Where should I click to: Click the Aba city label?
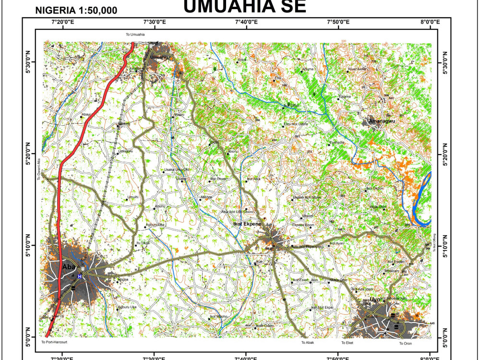(66, 267)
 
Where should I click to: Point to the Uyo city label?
(375, 300)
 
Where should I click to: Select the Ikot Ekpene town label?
(247, 224)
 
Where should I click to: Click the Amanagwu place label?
(382, 122)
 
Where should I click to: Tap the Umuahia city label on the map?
(160, 58)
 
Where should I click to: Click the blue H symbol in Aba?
(80, 276)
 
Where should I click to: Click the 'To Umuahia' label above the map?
(135, 35)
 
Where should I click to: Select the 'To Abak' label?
(307, 343)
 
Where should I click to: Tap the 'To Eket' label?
(347, 343)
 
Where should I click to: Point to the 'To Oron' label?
(406, 343)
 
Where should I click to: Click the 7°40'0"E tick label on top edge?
(246, 22)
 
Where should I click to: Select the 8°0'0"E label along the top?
(430, 22)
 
